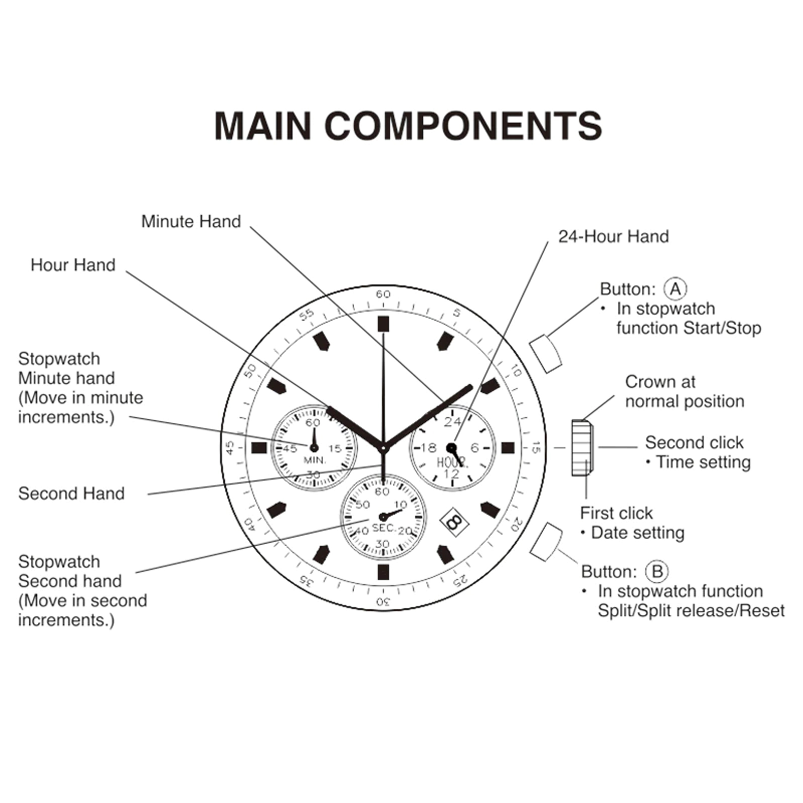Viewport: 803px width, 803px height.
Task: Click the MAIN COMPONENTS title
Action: [408, 126]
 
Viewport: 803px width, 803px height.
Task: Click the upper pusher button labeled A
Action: [546, 352]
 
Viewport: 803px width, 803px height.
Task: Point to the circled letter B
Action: [657, 571]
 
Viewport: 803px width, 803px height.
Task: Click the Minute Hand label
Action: [191, 221]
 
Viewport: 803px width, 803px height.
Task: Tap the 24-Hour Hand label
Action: [614, 237]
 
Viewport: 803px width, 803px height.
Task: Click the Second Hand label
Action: [71, 494]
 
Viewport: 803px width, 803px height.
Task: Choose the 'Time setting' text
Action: [703, 462]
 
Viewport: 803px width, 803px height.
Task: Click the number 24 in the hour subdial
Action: [452, 422]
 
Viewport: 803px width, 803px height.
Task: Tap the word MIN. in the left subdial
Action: [315, 460]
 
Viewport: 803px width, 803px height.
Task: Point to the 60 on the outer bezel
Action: [383, 294]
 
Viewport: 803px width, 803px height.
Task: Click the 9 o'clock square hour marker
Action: [259, 448]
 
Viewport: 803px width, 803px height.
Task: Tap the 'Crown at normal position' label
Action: [685, 391]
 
